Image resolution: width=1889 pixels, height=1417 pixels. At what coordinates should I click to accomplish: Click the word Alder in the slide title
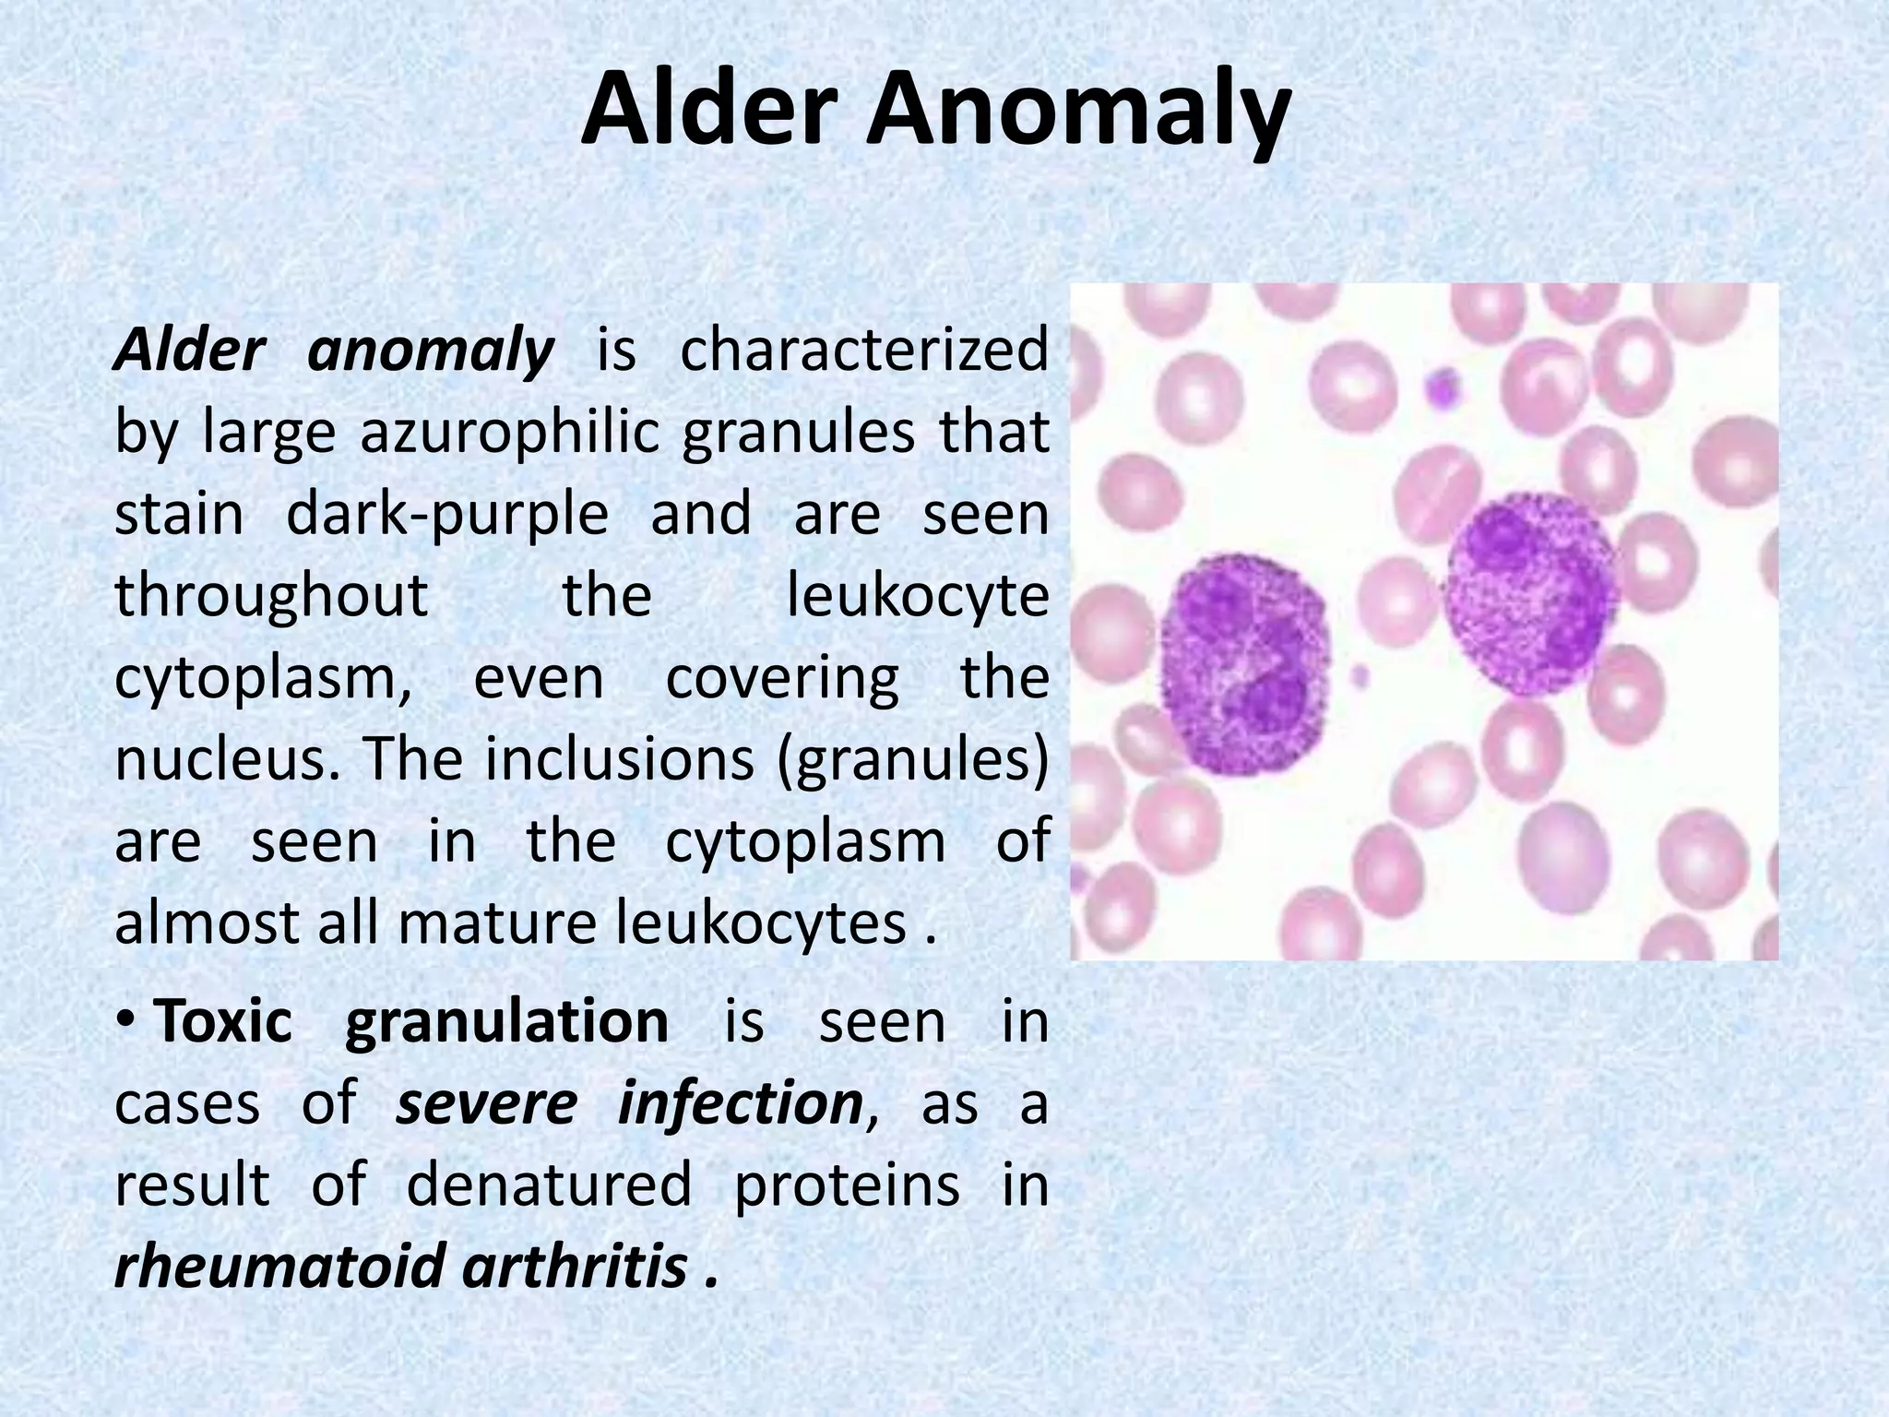point(707,113)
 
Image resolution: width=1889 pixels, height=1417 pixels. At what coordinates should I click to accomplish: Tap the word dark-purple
point(447,513)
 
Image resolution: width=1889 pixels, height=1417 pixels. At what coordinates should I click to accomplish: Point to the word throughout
point(271,595)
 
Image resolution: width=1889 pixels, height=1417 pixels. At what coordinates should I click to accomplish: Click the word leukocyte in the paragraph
point(917,595)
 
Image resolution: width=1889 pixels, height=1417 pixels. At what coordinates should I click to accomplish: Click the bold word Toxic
point(222,1021)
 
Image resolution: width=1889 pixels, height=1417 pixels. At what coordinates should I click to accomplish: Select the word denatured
point(548,1185)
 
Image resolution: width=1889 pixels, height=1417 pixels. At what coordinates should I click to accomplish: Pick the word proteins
point(847,1185)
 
